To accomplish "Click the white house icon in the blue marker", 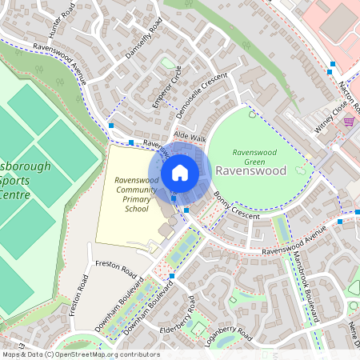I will pos(180,172).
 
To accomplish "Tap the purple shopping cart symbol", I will pos(349,122).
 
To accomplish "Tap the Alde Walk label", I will pos(190,138).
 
